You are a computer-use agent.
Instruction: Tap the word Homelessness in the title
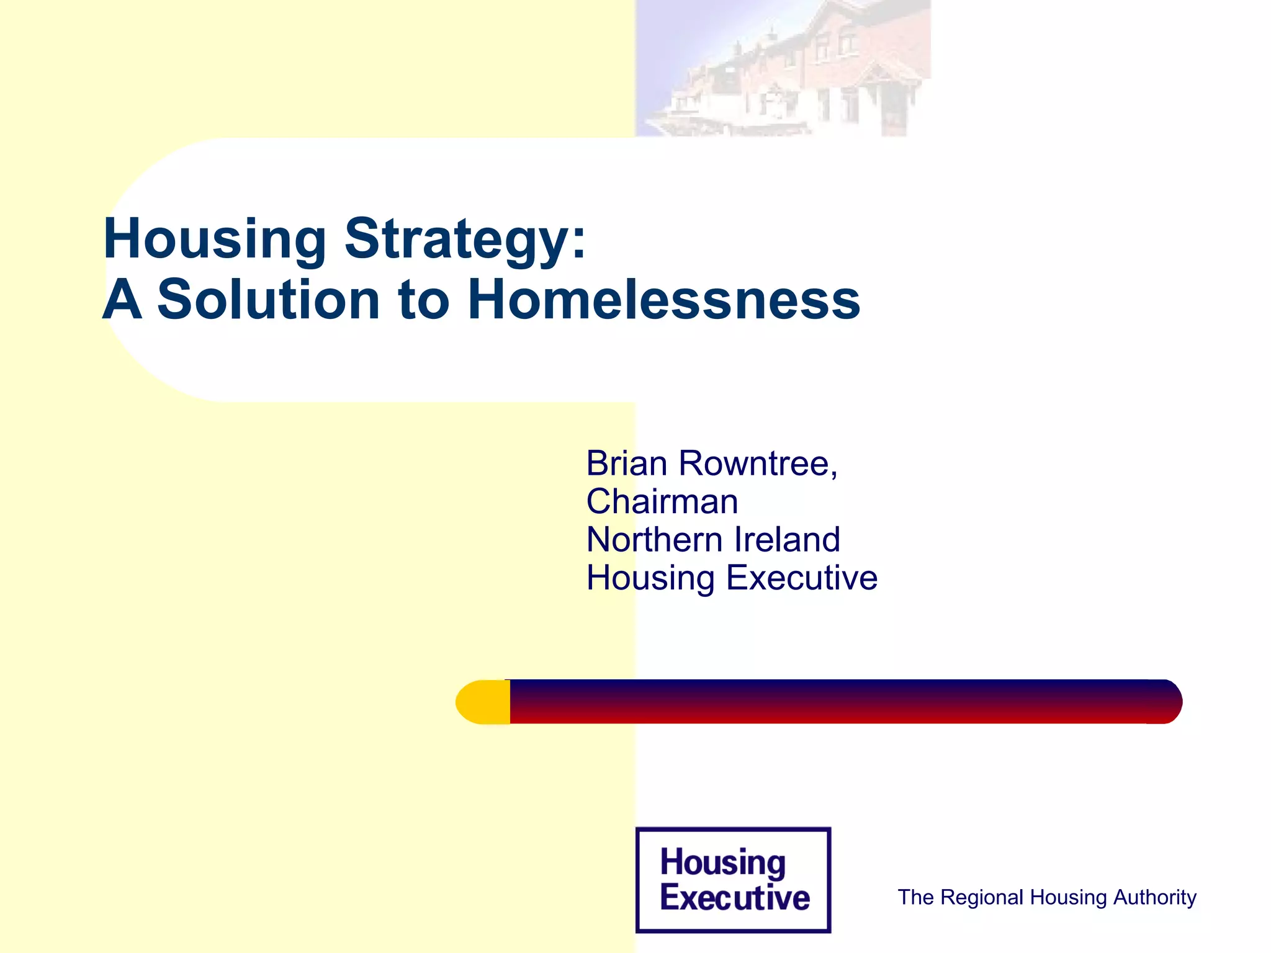(x=664, y=300)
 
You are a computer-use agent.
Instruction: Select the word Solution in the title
(x=268, y=300)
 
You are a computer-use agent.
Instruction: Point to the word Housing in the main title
(x=215, y=239)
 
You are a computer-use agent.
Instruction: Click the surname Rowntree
(x=758, y=463)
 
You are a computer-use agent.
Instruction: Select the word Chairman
(x=662, y=501)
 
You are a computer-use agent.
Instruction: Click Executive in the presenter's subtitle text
(x=802, y=578)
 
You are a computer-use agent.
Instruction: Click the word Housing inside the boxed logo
(x=723, y=862)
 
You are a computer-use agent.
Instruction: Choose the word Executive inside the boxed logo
(x=735, y=897)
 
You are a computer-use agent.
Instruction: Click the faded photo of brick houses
(x=783, y=68)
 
